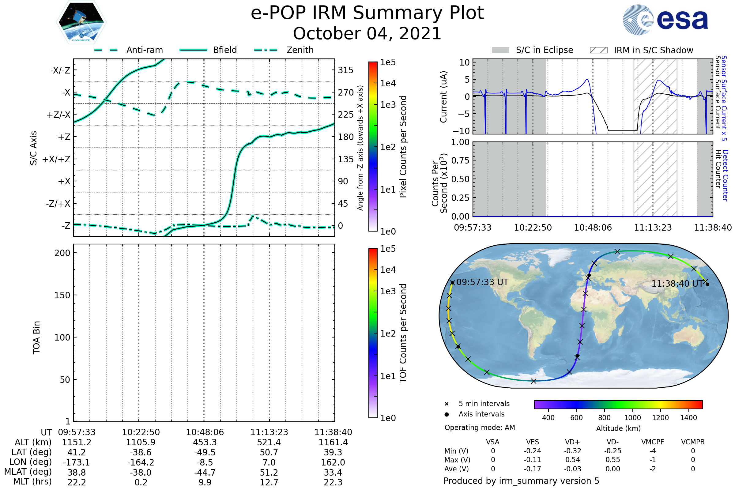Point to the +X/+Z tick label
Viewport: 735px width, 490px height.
coord(56,159)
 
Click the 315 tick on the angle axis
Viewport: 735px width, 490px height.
coord(345,70)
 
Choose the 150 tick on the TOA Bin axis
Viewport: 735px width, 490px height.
coord(62,295)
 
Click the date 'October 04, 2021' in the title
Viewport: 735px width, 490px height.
coord(367,33)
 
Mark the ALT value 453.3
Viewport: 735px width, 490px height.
coord(205,442)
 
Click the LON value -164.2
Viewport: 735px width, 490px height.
coord(141,462)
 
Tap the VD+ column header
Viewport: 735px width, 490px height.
coord(572,442)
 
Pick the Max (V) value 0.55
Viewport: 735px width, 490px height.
coord(612,460)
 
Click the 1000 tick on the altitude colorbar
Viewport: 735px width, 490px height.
coord(632,418)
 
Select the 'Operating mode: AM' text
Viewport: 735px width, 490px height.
coord(479,428)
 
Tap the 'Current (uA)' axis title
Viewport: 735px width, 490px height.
coord(443,97)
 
